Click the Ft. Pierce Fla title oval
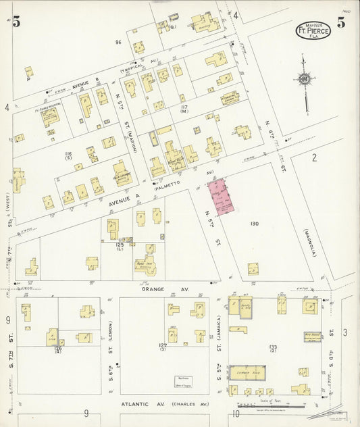pos(313,30)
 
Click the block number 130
pos(254,223)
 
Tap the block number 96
pos(118,42)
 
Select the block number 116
pos(68,156)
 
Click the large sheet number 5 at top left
pos(16,22)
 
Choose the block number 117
pos(183,107)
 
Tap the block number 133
pos(273,348)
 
